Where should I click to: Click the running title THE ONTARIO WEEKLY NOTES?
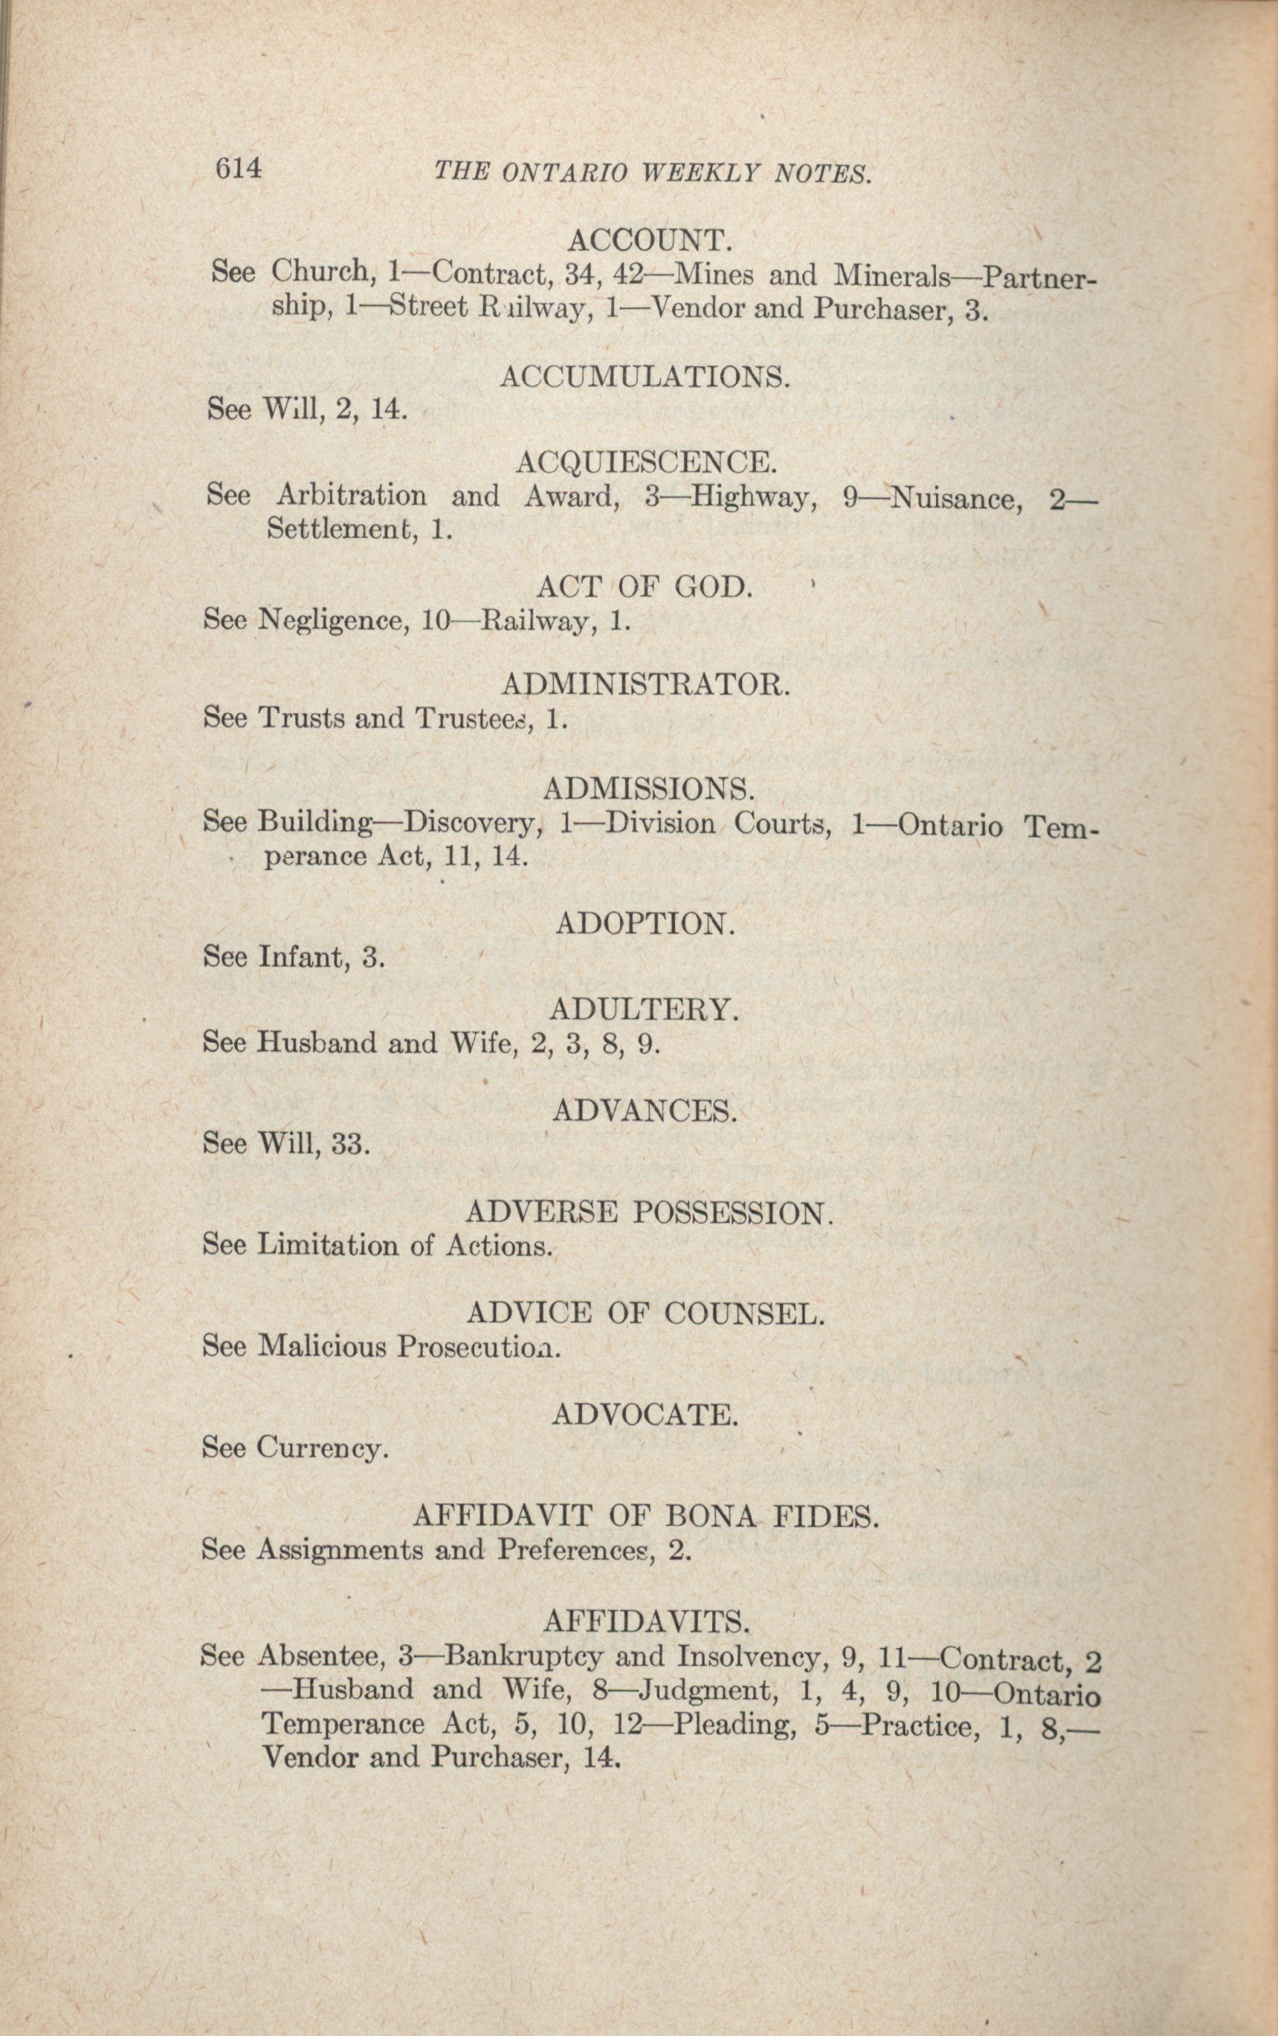pyautogui.click(x=652, y=173)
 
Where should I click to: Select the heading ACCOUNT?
pyautogui.click(x=648, y=241)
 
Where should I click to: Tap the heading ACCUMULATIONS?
pyautogui.click(x=645, y=376)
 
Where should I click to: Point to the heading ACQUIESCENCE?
pyautogui.click(x=647, y=462)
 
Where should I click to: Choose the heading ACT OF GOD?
pyautogui.click(x=644, y=586)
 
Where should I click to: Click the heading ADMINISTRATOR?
pyautogui.click(x=646, y=684)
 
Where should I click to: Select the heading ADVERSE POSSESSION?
pyautogui.click(x=649, y=1213)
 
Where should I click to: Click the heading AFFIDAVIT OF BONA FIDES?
pyautogui.click(x=646, y=1517)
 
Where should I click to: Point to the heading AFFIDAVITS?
pyautogui.click(x=647, y=1621)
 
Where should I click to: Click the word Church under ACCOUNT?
pyautogui.click(x=321, y=272)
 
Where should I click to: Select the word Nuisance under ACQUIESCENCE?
pyautogui.click(x=956, y=499)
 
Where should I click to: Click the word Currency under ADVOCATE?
pyautogui.click(x=322, y=1449)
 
